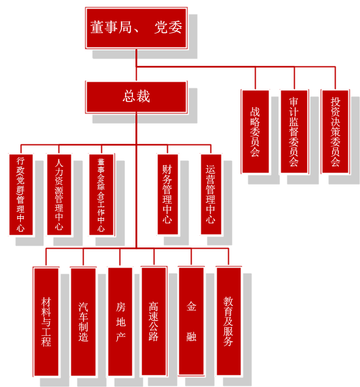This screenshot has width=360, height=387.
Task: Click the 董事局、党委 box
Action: [136, 28]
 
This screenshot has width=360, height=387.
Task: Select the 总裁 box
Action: [136, 97]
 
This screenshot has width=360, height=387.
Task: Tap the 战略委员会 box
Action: [255, 132]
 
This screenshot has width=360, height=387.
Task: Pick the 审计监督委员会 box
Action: [294, 132]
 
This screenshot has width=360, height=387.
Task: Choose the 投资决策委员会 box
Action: [336, 132]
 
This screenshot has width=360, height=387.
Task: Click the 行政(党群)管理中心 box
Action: [21, 195]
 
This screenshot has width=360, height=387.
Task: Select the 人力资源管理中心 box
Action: [59, 195]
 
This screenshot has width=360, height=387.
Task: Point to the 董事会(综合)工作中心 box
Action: [101, 195]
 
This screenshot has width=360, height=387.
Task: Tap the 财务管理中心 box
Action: [168, 194]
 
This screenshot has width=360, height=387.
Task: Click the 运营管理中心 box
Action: [211, 194]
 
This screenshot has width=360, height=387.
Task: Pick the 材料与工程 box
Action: [46, 322]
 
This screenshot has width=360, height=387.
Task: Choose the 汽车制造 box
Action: [83, 322]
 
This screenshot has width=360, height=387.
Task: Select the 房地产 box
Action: [120, 322]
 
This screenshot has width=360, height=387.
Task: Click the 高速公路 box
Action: [154, 321]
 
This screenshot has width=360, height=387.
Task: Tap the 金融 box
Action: [191, 321]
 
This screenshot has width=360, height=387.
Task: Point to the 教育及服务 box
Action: [229, 321]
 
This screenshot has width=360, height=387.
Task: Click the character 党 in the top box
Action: [161, 27]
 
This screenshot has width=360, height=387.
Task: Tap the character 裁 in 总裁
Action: [143, 96]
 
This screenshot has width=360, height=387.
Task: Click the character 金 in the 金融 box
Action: [191, 307]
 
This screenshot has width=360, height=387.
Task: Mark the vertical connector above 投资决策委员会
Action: [336, 78]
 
